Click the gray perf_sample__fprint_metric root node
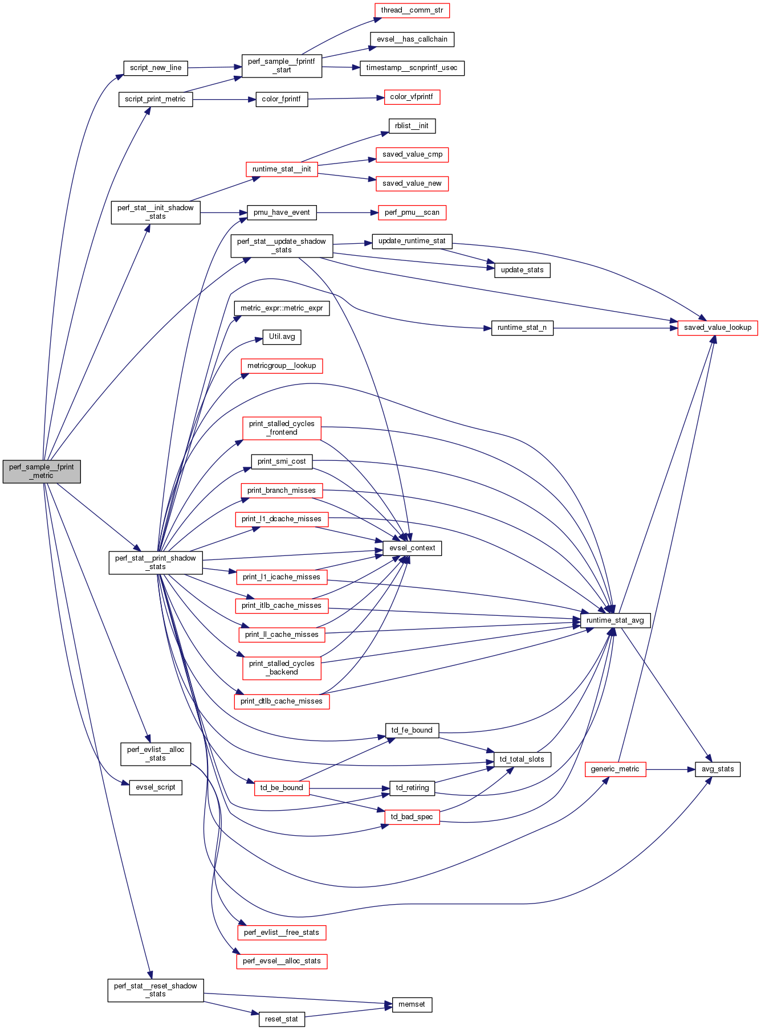click(x=42, y=471)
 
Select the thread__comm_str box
click(x=412, y=10)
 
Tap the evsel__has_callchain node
click(x=412, y=39)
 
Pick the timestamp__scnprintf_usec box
click(x=412, y=68)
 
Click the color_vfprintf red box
click(x=412, y=97)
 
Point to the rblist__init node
click(x=412, y=126)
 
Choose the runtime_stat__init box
click(x=282, y=169)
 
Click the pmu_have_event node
click(x=282, y=212)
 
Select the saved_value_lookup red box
click(x=717, y=328)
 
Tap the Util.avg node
click(x=282, y=337)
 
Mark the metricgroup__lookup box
click(x=282, y=366)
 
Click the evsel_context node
click(x=412, y=548)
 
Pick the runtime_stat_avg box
click(x=615, y=620)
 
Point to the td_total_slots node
click(x=522, y=759)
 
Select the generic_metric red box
click(x=615, y=769)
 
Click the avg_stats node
click(x=717, y=769)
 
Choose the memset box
click(x=412, y=1004)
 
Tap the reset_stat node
click(x=282, y=1019)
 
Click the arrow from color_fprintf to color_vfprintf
click(x=343, y=99)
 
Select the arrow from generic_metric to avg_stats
click(x=670, y=769)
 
